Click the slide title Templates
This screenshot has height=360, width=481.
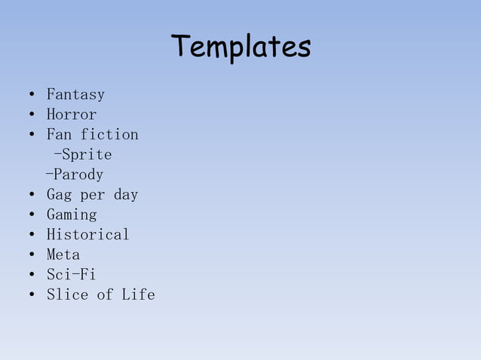tap(240, 47)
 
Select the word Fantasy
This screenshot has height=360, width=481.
tap(75, 95)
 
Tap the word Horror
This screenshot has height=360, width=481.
tap(72, 115)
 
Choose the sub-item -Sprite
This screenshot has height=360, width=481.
tap(83, 155)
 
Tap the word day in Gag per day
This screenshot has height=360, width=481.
tap(126, 195)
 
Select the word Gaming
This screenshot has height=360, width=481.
tap(72, 215)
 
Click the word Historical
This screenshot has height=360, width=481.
tap(88, 234)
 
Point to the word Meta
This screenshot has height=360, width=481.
tap(63, 255)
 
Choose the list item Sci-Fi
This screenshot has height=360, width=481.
tap(71, 274)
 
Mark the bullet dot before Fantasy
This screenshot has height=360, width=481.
tap(30, 96)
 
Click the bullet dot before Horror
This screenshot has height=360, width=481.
tap(30, 115)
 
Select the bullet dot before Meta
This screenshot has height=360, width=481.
tap(30, 255)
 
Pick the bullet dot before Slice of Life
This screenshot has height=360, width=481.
tap(30, 295)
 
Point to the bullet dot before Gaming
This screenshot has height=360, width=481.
tap(30, 215)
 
